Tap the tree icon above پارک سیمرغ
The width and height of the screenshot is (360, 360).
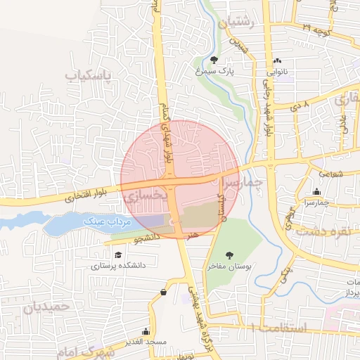[x=214, y=60]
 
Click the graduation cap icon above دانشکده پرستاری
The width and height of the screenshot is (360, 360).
[x=119, y=254]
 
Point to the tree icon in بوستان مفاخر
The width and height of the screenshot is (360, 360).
[x=229, y=255]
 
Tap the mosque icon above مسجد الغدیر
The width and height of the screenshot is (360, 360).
[x=146, y=331]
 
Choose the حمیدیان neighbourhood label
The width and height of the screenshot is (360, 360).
[x=47, y=307]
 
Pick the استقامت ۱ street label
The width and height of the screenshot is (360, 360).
[x=278, y=328]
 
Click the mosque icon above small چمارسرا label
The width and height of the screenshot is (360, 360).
[x=317, y=191]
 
